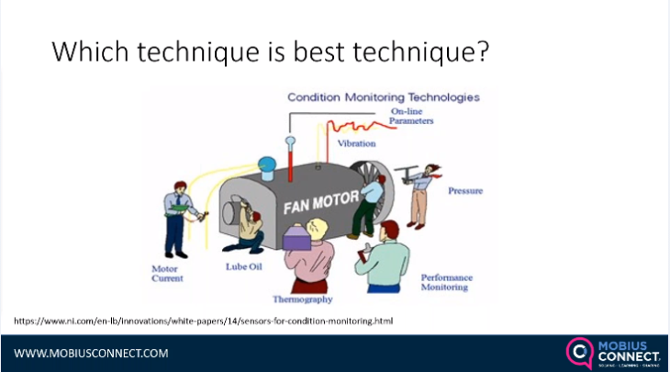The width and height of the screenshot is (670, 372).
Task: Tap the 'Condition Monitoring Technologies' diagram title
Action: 383,96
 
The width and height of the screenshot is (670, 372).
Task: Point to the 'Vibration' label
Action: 356,143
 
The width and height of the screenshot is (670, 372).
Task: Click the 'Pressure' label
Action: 464,191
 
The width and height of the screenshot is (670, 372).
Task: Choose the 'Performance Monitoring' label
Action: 448,282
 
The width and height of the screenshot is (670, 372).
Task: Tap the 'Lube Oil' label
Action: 244,267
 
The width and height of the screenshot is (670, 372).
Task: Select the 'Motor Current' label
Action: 167,273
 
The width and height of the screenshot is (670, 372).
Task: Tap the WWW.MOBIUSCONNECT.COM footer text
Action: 91,353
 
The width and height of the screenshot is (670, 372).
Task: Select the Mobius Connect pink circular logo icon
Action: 579,352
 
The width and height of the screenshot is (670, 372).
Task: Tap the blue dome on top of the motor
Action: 268,167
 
